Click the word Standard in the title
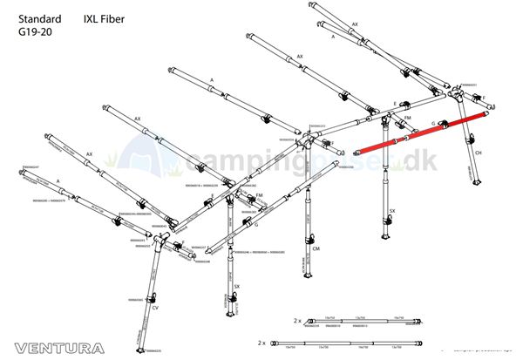point(39,17)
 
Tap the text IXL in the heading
point(93,17)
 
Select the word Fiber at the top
point(115,17)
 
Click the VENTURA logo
point(53,347)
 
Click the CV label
point(155,309)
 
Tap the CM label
point(316,248)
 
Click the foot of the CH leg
point(475,185)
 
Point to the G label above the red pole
point(432,125)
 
